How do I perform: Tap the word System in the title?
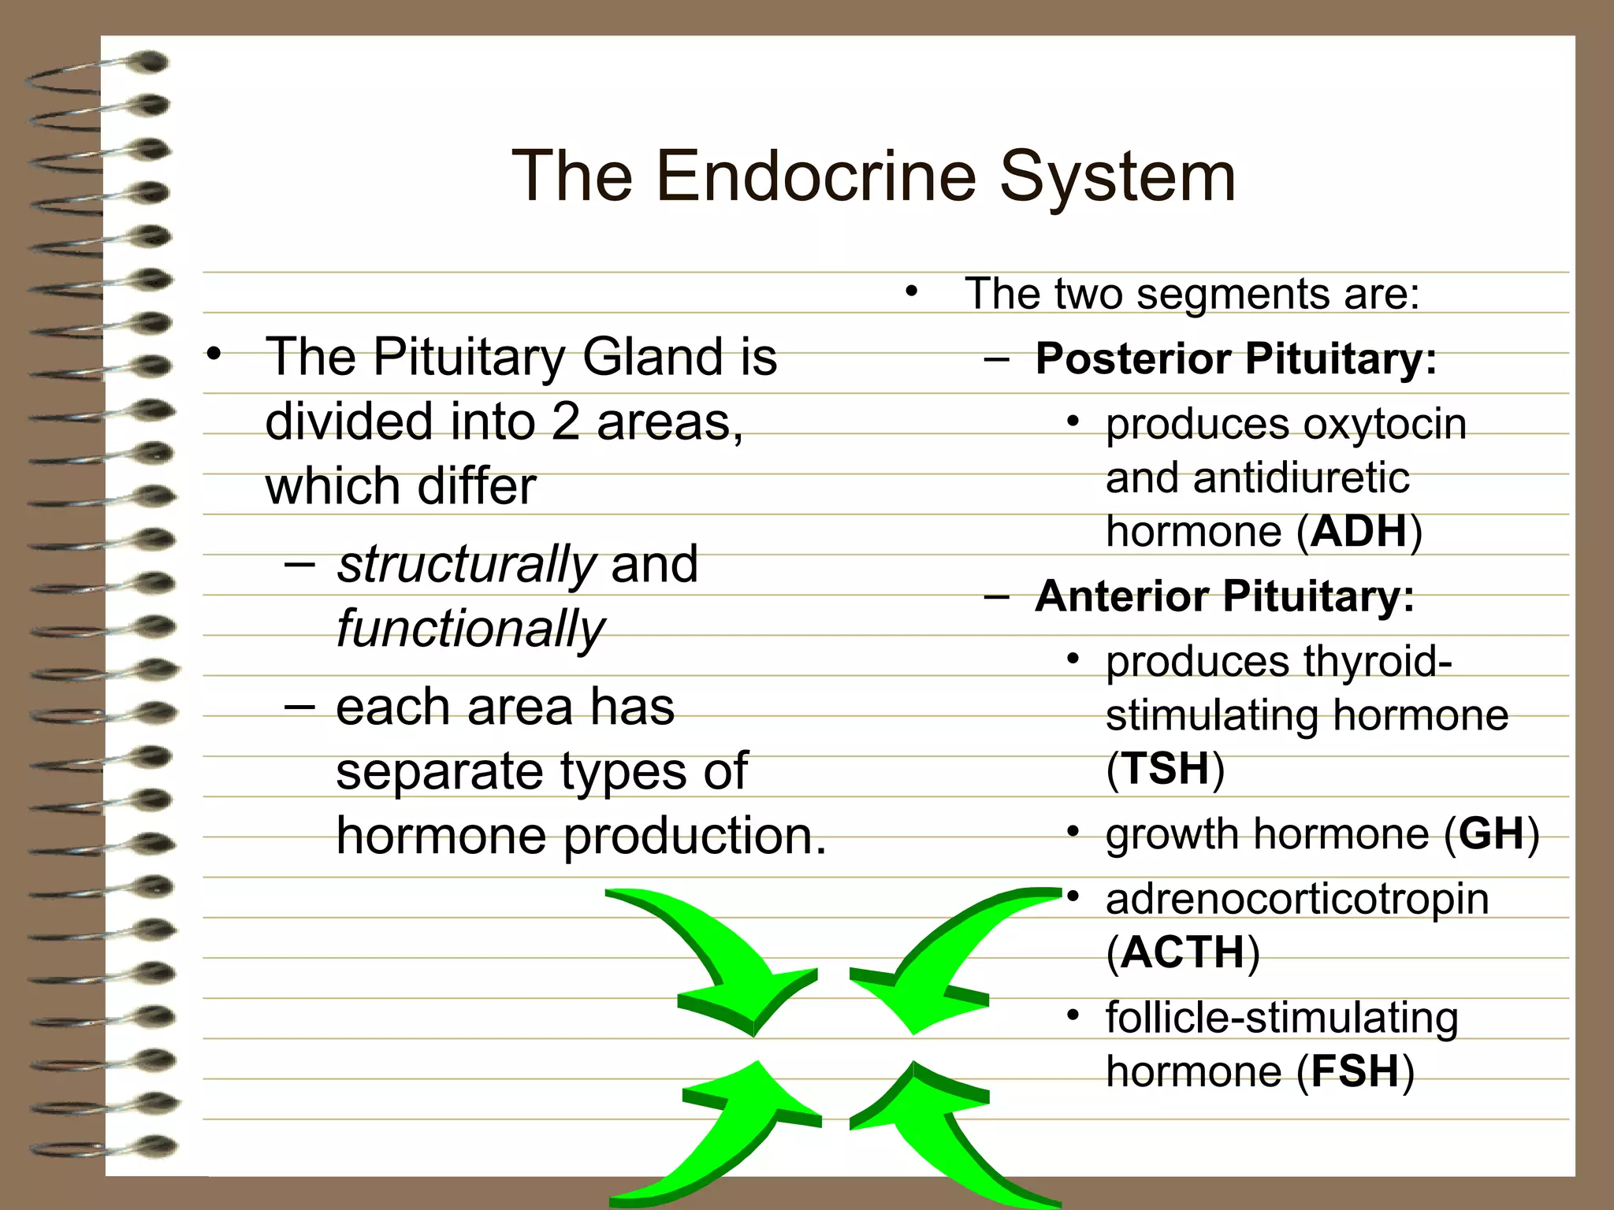pos(1118,177)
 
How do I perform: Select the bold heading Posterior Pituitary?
pos(1236,358)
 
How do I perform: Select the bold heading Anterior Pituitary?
pos(1224,596)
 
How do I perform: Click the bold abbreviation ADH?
pos(1359,532)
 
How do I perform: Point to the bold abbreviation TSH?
pos(1166,768)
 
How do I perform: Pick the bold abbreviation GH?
pos(1491,833)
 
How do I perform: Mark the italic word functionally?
pos(470,629)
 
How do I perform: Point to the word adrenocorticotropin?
pos(1297,899)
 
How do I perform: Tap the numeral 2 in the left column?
pos(565,421)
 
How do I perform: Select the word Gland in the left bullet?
pos(652,357)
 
